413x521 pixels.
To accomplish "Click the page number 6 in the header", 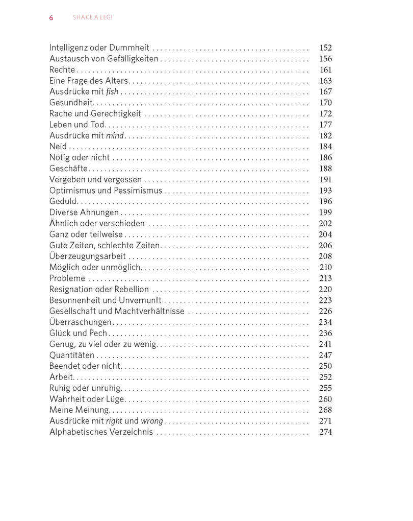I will (51, 18).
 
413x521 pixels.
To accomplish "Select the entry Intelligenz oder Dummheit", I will (100, 48).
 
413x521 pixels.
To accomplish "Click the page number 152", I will (325, 48).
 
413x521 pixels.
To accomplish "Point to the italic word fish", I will (112, 92).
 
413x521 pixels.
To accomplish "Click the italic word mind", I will (115, 136).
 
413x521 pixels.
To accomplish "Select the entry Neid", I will (58, 147).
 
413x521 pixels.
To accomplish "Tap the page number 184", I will (325, 147).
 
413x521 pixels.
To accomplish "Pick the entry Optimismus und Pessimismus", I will (106, 191).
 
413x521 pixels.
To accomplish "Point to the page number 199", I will (325, 212).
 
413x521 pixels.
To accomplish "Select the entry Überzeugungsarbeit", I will (88, 256).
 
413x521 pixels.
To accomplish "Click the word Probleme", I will (67, 278).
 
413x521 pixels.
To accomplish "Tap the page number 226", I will (325, 311).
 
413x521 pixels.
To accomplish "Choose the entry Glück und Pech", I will (78, 333).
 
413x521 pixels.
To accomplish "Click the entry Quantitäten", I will (72, 355).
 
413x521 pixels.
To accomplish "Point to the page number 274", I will (325, 432).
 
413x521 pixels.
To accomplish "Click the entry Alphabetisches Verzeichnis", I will (101, 432).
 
